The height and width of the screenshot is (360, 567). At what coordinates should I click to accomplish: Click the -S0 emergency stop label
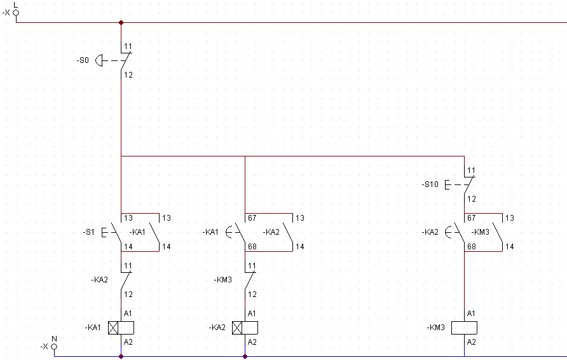(83, 60)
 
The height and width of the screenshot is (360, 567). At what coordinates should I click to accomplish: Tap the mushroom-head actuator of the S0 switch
(99, 60)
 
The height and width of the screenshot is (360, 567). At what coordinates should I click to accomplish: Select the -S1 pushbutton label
(88, 232)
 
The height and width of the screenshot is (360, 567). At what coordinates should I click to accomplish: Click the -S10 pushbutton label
(430, 184)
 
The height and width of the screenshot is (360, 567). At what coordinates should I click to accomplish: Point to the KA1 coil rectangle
(121, 328)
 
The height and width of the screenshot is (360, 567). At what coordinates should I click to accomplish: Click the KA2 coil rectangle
(245, 328)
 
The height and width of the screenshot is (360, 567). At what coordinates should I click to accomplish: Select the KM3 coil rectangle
(464, 328)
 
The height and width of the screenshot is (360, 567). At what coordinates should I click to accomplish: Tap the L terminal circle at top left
(16, 13)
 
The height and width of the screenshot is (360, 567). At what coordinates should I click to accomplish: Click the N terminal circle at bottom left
(54, 347)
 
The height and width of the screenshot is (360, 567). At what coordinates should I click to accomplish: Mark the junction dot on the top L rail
(121, 22)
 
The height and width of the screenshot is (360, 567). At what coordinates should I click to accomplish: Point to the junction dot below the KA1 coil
(121, 356)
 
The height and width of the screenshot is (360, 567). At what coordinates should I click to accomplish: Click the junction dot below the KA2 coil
(245, 356)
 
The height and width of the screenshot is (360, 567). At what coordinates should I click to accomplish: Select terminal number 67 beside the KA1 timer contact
(252, 218)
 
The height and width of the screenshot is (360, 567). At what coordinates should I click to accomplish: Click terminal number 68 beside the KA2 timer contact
(472, 247)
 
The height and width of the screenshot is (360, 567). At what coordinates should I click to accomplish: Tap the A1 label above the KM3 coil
(471, 314)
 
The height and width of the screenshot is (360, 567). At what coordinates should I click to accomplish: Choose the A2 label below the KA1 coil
(128, 342)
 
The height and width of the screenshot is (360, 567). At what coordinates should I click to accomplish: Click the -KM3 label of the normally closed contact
(222, 280)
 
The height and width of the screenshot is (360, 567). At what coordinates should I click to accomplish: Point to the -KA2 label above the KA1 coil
(99, 280)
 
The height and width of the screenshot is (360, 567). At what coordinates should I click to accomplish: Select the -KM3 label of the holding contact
(480, 232)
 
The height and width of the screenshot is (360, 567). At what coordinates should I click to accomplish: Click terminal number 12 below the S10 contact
(472, 199)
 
